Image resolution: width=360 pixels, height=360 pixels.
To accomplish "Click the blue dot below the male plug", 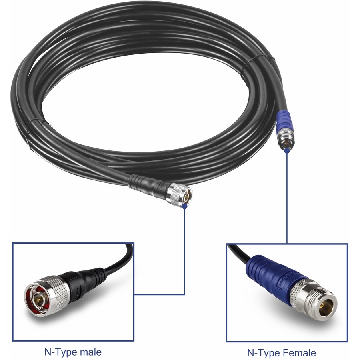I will tap(184, 206).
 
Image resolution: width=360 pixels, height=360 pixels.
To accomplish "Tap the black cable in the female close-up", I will tap(240, 252).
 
